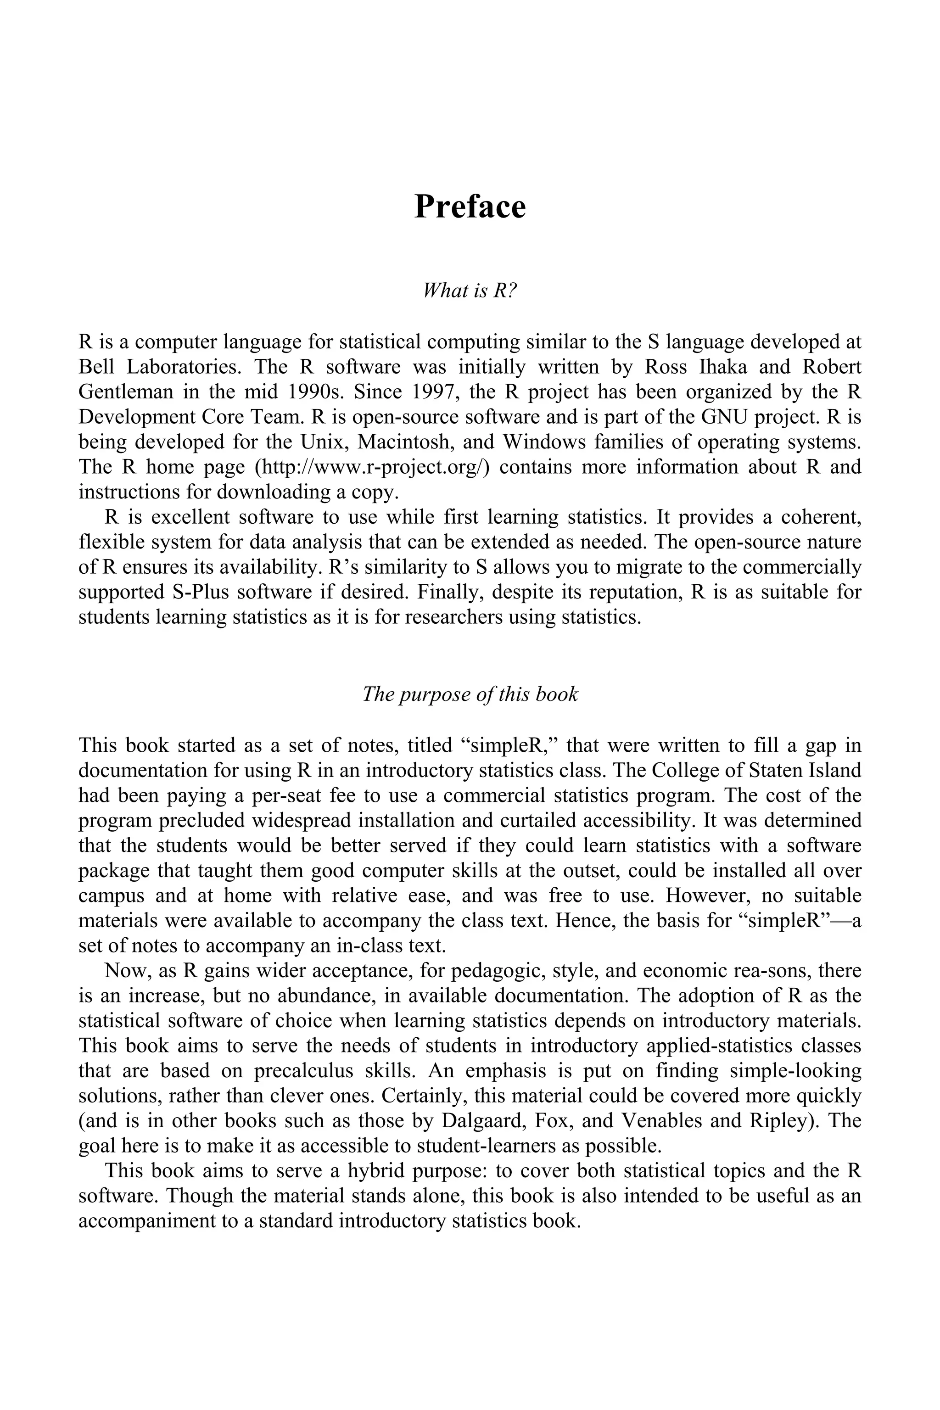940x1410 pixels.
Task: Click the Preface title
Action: point(470,207)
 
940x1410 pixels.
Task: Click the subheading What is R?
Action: point(470,290)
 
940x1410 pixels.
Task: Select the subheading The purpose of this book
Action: point(470,694)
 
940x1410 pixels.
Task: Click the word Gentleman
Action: point(126,392)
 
